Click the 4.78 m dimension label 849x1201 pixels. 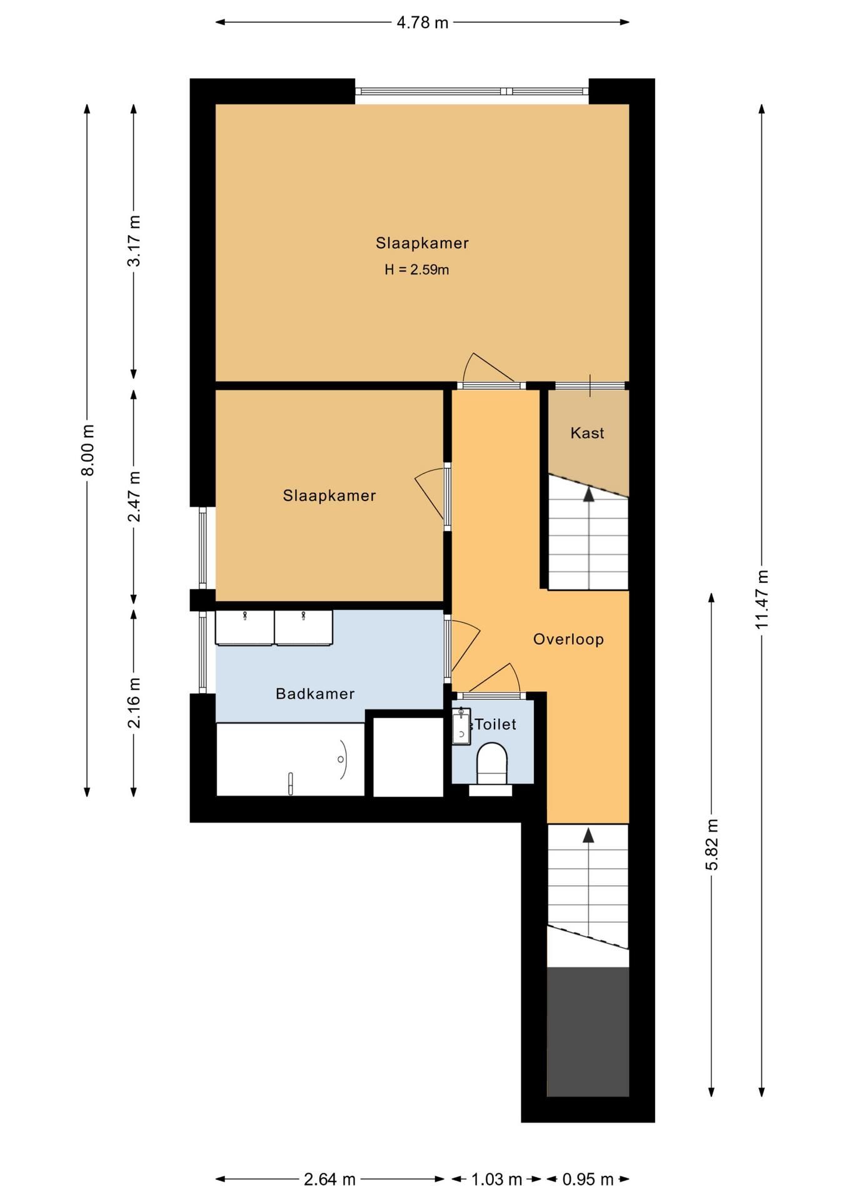coord(423,23)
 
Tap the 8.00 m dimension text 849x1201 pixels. coord(88,450)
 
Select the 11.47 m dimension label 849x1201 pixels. coord(761,600)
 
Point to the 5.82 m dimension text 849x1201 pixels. coord(711,844)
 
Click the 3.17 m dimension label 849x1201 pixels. coord(134,241)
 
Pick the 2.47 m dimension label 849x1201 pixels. coord(134,497)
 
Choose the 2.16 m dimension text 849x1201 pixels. coord(134,702)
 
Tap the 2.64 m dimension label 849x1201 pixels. coord(329,1180)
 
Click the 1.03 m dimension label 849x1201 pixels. coord(496,1180)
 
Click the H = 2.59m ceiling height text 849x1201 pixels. coord(417,270)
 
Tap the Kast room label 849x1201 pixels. coord(588,433)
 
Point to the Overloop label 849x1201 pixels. coord(568,639)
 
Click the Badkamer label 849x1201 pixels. coord(315,694)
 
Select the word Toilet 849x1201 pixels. coord(496,724)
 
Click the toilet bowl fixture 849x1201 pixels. coord(492,765)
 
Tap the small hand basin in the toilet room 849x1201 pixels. coord(461,727)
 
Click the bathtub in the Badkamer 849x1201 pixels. coord(290,759)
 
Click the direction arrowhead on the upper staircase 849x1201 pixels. coord(588,494)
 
